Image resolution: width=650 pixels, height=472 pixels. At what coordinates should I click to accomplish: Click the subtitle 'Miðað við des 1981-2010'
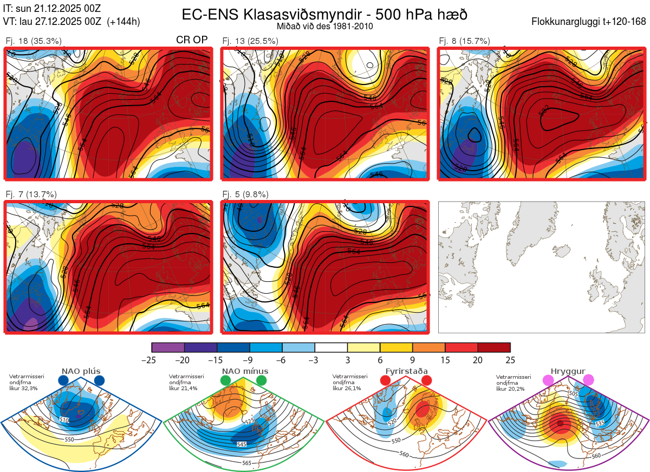tap(324, 26)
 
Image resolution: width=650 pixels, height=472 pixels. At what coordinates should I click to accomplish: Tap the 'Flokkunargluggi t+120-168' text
tap(589, 22)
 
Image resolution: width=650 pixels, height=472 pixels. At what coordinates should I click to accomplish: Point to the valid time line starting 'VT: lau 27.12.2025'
tap(71, 22)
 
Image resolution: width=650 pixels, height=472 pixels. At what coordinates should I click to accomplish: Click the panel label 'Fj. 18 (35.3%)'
tap(34, 41)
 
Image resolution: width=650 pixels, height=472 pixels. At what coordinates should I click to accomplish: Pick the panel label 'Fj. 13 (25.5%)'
tap(250, 41)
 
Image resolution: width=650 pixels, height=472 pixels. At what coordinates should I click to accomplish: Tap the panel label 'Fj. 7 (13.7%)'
tap(31, 195)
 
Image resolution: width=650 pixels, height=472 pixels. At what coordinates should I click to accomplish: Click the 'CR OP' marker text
tap(192, 40)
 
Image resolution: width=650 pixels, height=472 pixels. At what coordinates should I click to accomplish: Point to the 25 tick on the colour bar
tap(510, 360)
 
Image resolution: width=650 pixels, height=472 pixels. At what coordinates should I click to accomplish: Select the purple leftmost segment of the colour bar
tap(168, 347)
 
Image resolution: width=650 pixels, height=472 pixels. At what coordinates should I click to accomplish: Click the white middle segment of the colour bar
tap(331, 347)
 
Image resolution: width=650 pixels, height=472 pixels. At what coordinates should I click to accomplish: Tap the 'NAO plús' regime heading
tap(81, 372)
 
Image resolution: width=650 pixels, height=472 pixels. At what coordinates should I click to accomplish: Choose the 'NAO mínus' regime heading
tap(245, 372)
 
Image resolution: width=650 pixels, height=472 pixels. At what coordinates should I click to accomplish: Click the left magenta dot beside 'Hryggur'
tap(548, 380)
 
